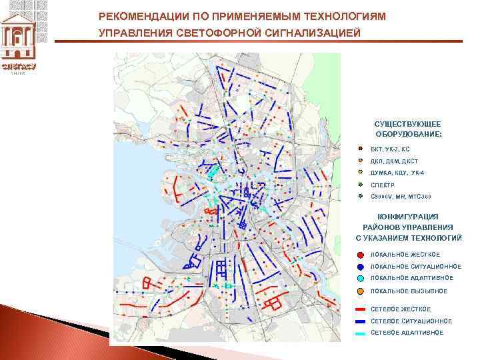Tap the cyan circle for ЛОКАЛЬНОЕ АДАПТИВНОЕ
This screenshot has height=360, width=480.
360,278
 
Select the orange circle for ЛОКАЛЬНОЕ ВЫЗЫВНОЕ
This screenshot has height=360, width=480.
360,291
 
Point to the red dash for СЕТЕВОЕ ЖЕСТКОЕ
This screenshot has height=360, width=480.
360,309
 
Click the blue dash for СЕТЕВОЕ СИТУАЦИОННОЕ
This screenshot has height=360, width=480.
360,321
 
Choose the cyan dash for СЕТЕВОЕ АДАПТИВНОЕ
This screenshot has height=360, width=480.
360,332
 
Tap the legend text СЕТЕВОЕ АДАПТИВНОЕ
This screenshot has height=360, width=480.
406,332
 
